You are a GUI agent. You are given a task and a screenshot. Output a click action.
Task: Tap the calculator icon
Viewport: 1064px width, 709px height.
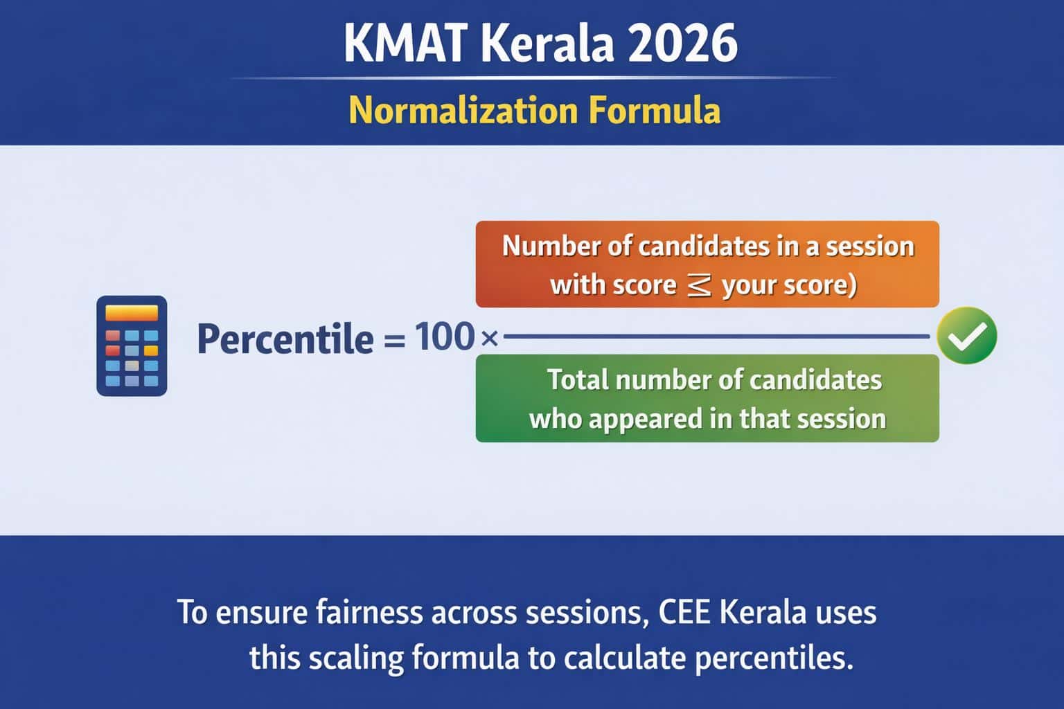point(132,345)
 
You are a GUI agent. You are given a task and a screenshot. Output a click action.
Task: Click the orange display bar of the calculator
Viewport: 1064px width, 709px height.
point(132,314)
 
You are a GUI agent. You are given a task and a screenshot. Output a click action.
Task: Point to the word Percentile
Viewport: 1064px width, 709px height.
point(285,339)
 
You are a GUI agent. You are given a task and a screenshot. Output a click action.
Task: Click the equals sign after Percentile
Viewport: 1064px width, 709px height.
point(393,340)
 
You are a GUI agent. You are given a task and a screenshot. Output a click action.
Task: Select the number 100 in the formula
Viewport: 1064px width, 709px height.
point(444,337)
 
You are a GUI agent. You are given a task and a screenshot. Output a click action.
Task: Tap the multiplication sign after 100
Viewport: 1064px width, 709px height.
point(489,339)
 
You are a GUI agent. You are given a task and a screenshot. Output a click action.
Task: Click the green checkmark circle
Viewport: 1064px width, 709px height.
point(966,336)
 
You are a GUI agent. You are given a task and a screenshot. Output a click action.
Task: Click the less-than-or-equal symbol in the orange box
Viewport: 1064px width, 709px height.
point(698,285)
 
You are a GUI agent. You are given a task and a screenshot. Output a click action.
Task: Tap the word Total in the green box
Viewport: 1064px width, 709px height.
point(574,380)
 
